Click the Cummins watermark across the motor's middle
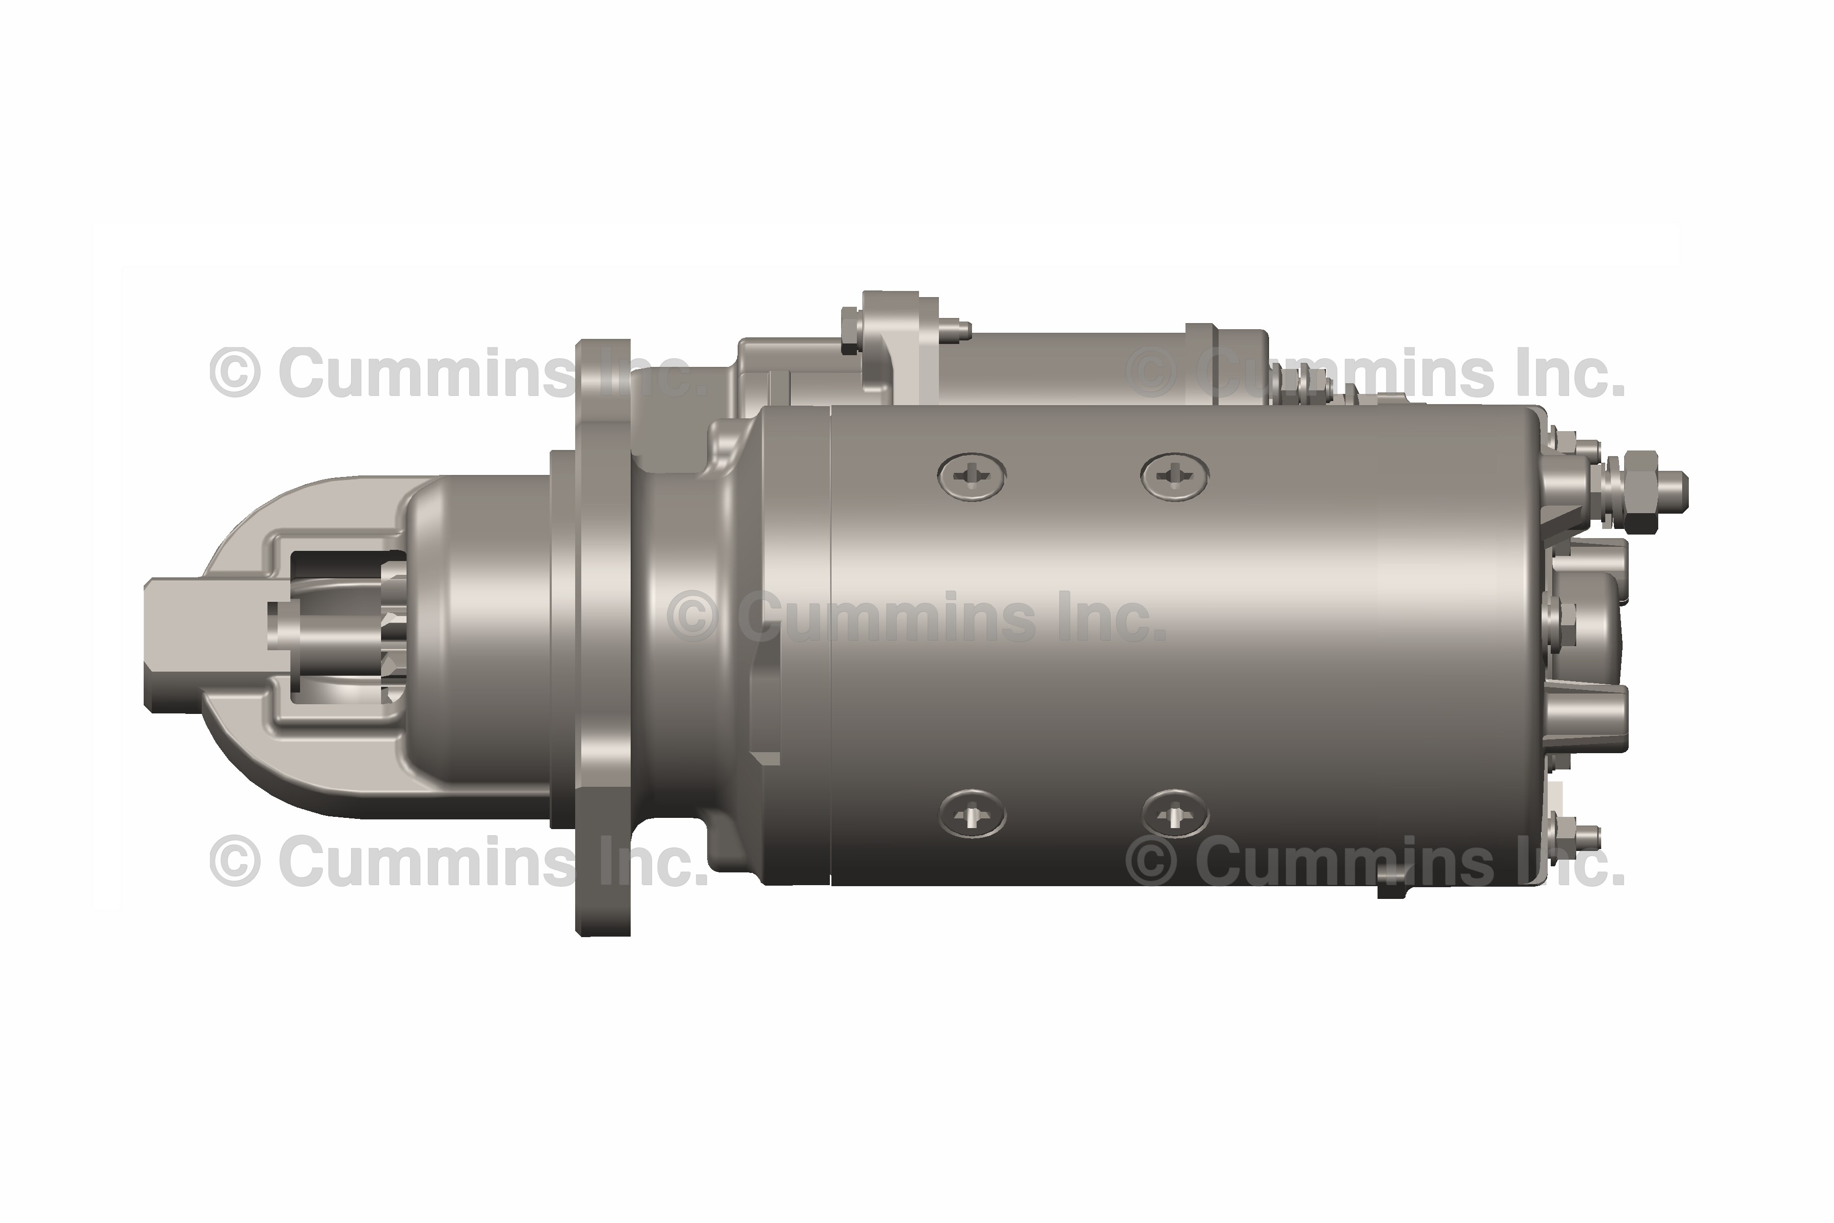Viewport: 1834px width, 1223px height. (916, 616)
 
